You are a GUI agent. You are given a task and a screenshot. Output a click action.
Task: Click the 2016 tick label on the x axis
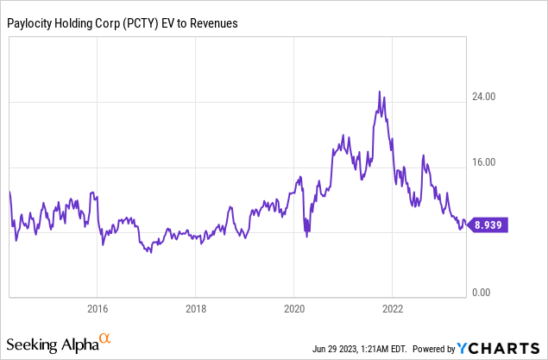pos(97,308)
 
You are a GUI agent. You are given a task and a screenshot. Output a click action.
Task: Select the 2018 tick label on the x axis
pos(196,308)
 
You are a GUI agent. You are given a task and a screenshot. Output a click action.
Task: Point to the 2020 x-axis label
pos(294,308)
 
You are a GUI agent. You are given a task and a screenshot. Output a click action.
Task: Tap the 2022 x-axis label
pos(393,308)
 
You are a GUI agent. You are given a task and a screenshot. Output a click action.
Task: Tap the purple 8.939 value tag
pos(488,225)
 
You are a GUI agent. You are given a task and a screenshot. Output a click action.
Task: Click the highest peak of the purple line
pos(379,92)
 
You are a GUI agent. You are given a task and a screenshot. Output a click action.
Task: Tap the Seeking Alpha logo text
pos(52,344)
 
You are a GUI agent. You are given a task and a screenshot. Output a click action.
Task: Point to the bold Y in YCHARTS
pos(465,349)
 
